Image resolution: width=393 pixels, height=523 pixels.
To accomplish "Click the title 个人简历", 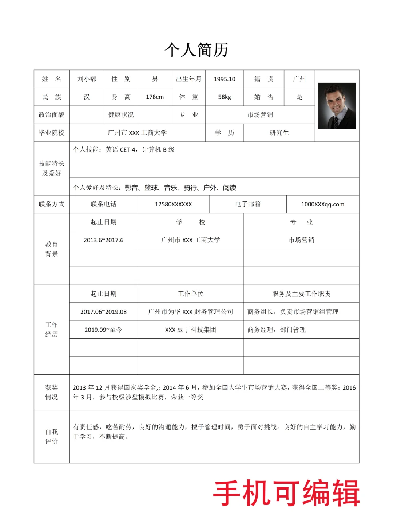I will (x=196, y=50).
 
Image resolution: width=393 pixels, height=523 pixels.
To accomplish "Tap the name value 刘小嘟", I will (x=87, y=79).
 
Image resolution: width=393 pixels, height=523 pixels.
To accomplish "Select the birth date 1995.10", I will (x=224, y=79).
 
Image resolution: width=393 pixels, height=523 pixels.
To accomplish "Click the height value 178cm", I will (x=155, y=97).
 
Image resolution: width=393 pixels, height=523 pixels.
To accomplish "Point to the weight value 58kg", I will (x=224, y=97).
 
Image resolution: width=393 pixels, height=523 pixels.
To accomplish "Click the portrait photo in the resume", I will (x=337, y=105).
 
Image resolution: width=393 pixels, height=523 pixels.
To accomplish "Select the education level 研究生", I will (x=279, y=133).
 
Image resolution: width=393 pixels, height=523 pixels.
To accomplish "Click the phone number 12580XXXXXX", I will (x=173, y=204).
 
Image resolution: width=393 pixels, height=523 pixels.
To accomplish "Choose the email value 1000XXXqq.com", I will (x=322, y=204).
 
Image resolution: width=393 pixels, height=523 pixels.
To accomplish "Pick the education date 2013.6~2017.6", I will (x=103, y=240).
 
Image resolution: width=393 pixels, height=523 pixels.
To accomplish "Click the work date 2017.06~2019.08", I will (x=103, y=312).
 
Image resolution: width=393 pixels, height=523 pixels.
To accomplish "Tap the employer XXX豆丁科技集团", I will (x=190, y=330).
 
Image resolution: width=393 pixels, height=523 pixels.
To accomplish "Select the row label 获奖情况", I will (x=51, y=392).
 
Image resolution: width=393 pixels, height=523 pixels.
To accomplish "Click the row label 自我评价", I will (x=51, y=436).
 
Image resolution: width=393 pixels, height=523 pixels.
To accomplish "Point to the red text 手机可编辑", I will (x=286, y=493).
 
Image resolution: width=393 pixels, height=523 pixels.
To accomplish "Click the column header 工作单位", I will (x=190, y=294).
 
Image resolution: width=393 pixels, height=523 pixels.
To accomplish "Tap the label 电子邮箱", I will (x=247, y=204).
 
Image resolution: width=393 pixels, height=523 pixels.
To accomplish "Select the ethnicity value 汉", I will (x=87, y=97).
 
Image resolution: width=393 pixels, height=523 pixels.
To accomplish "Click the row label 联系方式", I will (x=51, y=204).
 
